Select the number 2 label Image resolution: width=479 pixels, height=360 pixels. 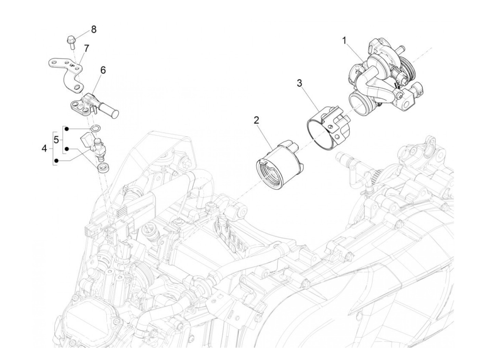257,120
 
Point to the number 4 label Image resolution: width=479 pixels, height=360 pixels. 44,149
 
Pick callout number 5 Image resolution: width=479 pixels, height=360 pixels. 56,140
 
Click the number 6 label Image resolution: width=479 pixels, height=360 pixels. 103,70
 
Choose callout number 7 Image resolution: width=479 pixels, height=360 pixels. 86,48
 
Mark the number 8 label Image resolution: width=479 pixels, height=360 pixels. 93,29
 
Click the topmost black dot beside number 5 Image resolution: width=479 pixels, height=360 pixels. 67,129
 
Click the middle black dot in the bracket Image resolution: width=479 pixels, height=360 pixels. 67,149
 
